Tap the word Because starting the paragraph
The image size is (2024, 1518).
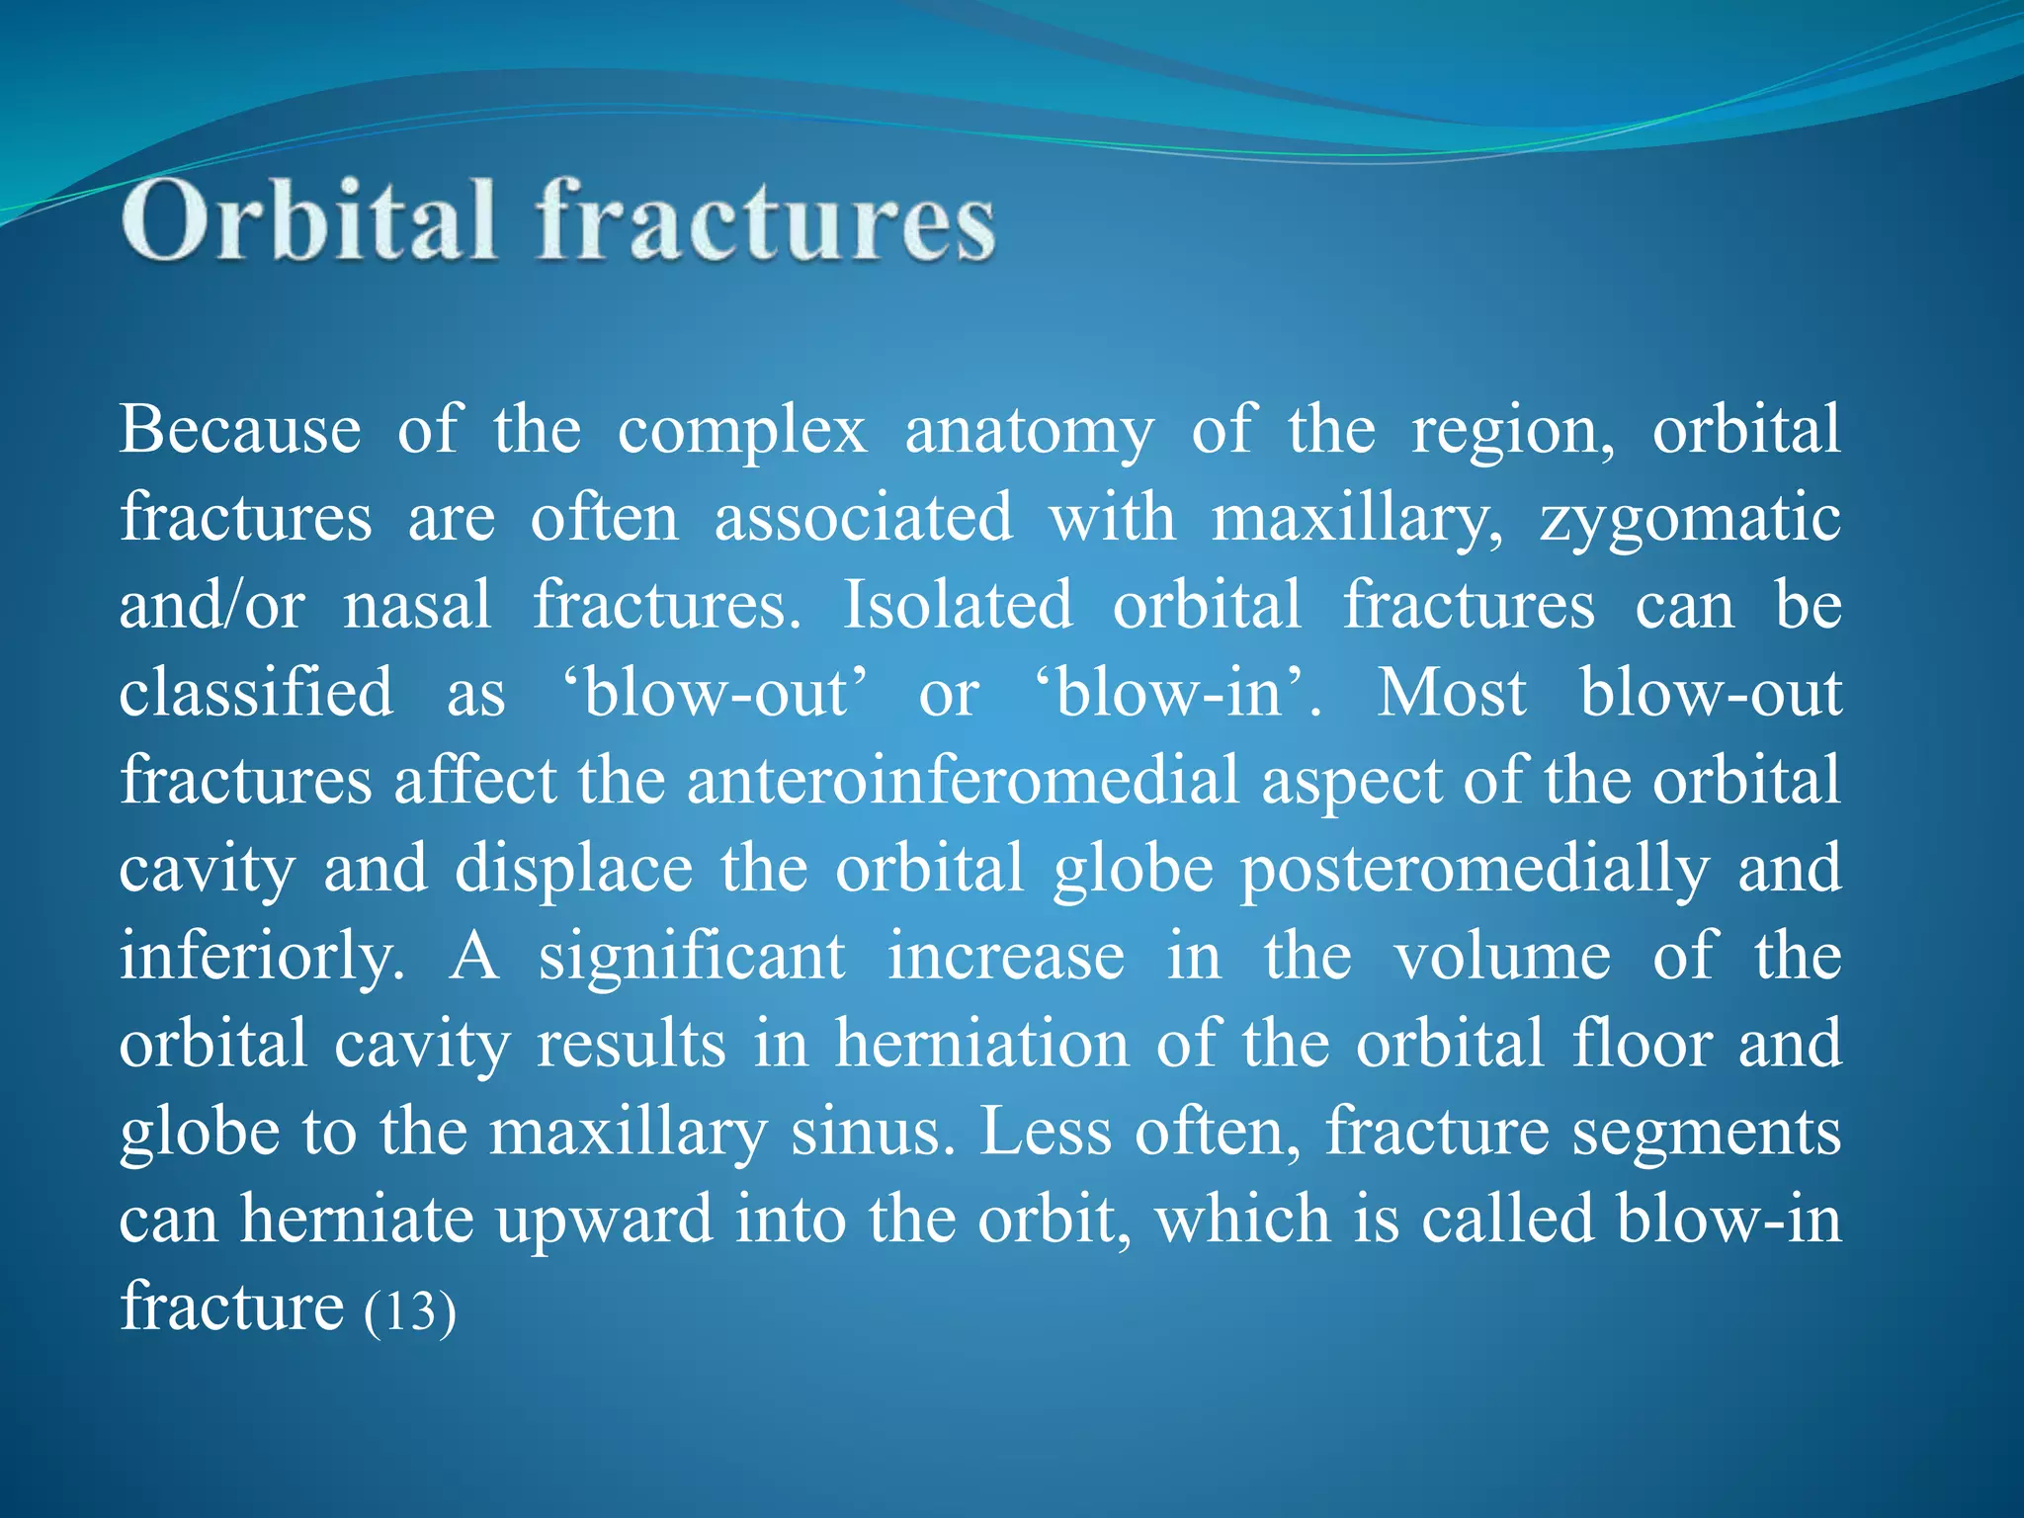tap(240, 431)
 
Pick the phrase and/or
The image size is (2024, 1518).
tap(211, 605)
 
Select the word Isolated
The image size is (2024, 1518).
tap(957, 605)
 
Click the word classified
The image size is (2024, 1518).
tap(256, 692)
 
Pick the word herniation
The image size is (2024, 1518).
tap(981, 1044)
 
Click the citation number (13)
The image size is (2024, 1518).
tap(410, 1311)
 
